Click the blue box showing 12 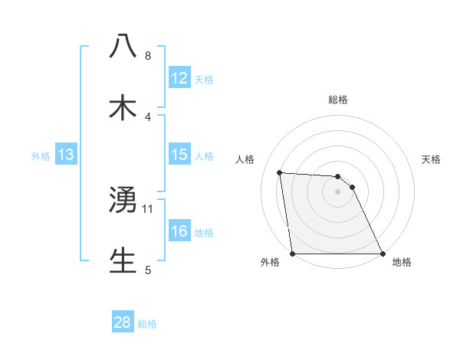(x=179, y=78)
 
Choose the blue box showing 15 (x=179, y=155)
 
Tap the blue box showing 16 (x=179, y=231)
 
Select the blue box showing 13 (x=66, y=155)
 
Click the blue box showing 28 (x=123, y=322)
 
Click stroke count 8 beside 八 (x=148, y=56)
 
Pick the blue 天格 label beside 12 (x=204, y=80)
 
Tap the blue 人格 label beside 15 (x=204, y=156)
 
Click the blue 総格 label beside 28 (x=147, y=324)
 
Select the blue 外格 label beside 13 (x=41, y=156)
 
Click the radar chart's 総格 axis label (x=337, y=100)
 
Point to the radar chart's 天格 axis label (x=432, y=159)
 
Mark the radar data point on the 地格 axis (x=382, y=254)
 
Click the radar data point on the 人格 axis (x=280, y=172)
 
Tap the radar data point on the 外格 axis (x=293, y=254)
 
